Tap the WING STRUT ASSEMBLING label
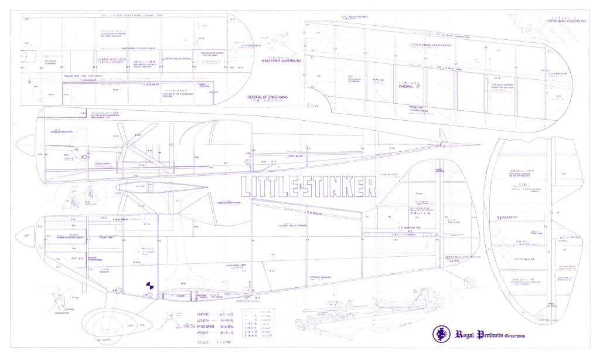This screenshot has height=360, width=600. [x=281, y=60]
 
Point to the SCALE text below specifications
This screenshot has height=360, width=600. [x=213, y=342]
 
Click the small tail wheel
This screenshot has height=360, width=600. [x=468, y=284]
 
